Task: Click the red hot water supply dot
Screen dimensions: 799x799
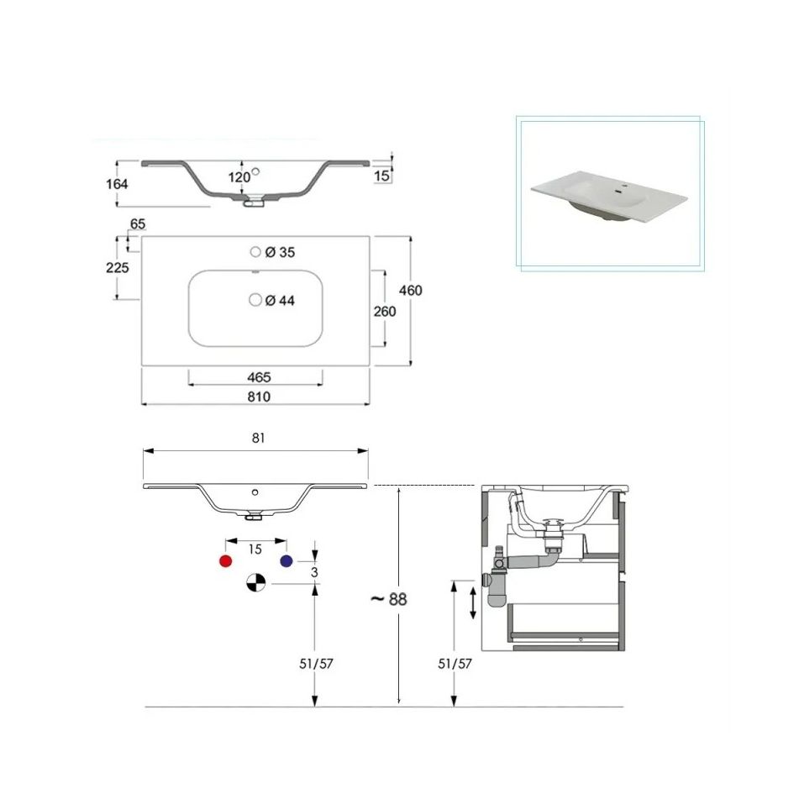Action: [x=225, y=561]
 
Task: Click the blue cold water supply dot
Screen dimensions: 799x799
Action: [x=286, y=561]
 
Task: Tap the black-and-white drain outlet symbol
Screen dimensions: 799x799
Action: [x=255, y=582]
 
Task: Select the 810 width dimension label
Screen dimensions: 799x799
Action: [x=259, y=397]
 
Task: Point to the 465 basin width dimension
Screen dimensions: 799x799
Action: [x=259, y=377]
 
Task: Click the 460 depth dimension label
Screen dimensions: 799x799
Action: [x=410, y=291]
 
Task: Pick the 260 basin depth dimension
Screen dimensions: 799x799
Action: [x=385, y=312]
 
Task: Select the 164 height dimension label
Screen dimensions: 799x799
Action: [x=117, y=184]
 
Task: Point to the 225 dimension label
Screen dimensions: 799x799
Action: [x=117, y=267]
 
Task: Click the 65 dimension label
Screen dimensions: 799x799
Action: [x=138, y=224]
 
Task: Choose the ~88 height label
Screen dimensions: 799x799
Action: [x=389, y=599]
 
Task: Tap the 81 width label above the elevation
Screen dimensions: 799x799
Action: [x=258, y=438]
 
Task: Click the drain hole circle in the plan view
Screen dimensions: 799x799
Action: [x=255, y=300]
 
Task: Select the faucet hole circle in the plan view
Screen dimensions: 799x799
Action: [x=255, y=252]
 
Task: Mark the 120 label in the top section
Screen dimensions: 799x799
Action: [x=239, y=177]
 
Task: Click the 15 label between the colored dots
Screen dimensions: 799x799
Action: [x=255, y=549]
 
